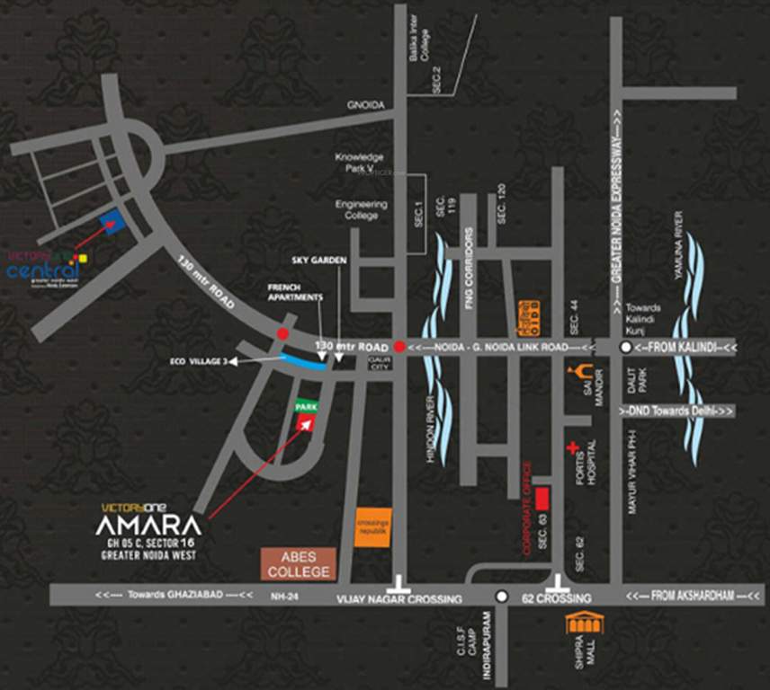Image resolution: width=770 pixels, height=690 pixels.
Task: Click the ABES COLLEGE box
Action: click(299, 562)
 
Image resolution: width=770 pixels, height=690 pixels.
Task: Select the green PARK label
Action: click(307, 407)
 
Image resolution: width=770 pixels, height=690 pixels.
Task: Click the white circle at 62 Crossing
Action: click(502, 597)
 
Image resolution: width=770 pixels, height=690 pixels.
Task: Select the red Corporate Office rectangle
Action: click(542, 499)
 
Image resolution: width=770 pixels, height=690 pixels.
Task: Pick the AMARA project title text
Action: click(149, 526)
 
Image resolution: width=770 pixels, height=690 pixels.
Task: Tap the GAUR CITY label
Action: click(376, 363)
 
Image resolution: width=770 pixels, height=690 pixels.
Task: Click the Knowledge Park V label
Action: click(360, 163)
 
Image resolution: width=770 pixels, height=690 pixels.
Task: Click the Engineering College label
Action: click(362, 209)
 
